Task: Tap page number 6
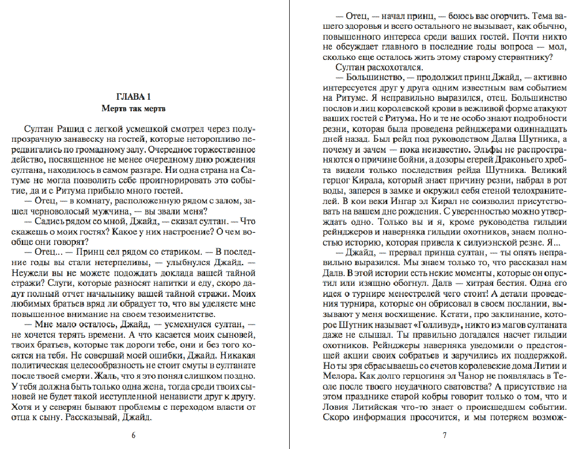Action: (134, 435)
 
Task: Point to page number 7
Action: (444, 435)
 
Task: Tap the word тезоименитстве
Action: (165, 314)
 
